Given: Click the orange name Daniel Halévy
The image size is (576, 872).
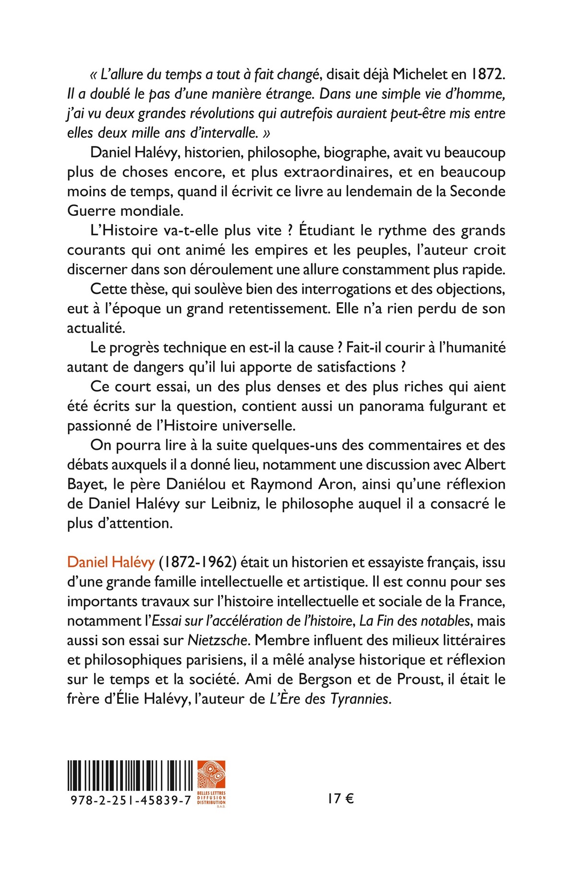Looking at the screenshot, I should coord(111,562).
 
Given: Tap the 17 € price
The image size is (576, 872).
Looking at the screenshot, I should coord(341,799).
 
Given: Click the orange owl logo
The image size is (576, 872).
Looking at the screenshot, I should coord(211,775).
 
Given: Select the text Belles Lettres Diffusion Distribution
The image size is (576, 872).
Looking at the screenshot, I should coord(211,799).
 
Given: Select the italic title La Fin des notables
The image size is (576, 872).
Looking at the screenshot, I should coord(414,621).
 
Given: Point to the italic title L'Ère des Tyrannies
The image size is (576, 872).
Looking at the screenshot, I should coord(330,699).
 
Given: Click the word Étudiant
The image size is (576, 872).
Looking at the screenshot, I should coord(327,230).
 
